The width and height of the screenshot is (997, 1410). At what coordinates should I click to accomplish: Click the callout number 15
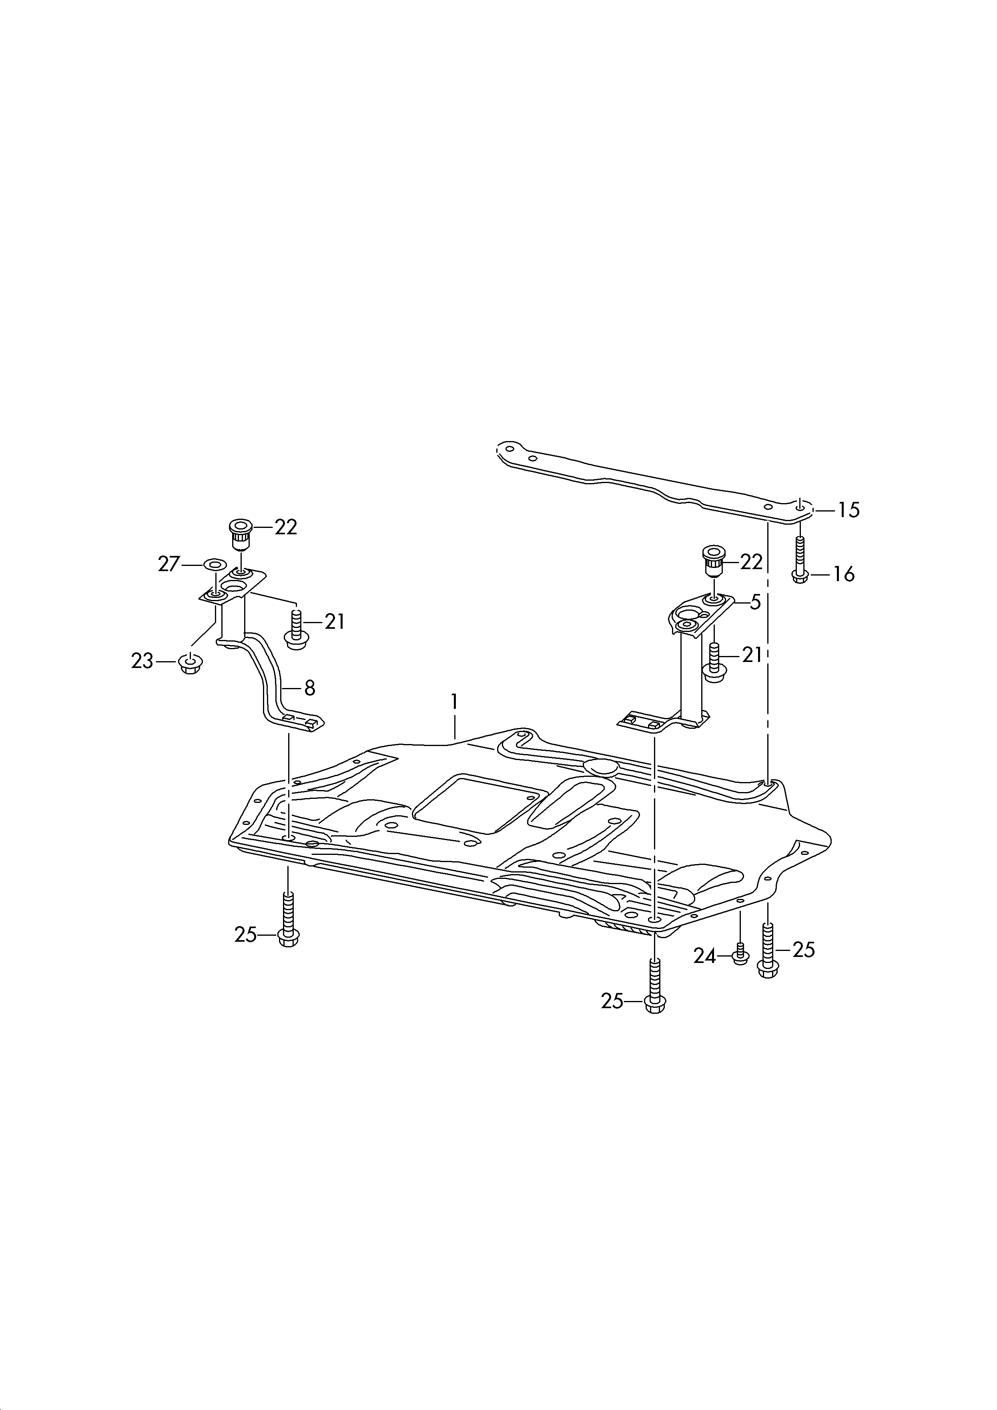coord(849,510)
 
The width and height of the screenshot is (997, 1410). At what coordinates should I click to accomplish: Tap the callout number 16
coord(844,575)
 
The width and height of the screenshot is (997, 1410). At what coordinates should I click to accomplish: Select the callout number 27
coord(169,564)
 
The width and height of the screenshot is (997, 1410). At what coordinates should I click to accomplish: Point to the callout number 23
coord(142,662)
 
